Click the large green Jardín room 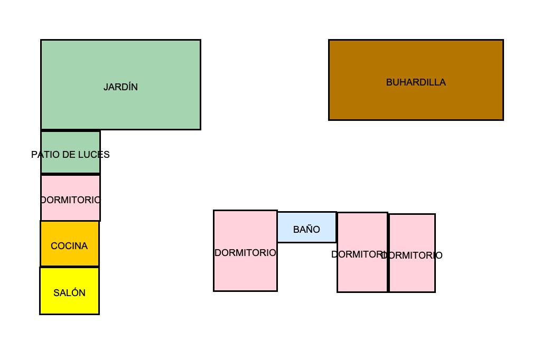tap(121, 85)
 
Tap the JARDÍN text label tap(121, 87)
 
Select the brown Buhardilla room tap(416, 80)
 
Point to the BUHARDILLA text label tap(416, 82)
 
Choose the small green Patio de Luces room tap(70, 152)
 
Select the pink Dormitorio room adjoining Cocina tap(70, 198)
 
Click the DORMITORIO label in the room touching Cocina tap(70, 200)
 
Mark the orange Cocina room tap(70, 244)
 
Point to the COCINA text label tap(69, 246)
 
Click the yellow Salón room tap(69, 291)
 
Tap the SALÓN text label tap(69, 293)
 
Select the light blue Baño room tap(307, 227)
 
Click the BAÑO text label tap(307, 229)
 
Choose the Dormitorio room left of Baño tap(245, 251)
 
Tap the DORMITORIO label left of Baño tap(245, 253)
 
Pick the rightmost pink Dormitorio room tap(412, 253)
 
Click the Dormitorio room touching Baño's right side tap(362, 252)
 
